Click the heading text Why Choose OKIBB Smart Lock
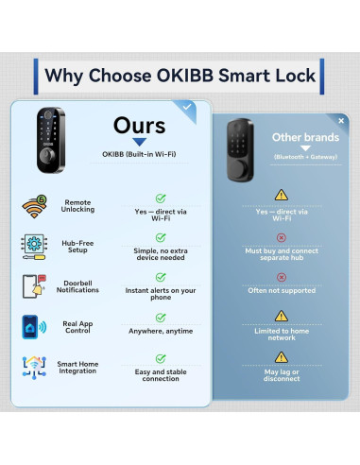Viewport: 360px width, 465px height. (x=180, y=74)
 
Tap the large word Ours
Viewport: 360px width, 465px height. (x=139, y=127)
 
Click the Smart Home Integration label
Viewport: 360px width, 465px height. (x=78, y=367)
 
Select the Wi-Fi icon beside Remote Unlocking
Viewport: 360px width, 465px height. (x=35, y=207)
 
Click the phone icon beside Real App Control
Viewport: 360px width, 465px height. (x=33, y=327)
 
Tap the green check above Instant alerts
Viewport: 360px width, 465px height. (x=161, y=277)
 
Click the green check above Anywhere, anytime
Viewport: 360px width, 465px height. (x=161, y=317)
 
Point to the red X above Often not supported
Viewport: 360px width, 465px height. (x=281, y=278)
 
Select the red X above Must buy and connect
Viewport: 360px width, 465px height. (x=281, y=238)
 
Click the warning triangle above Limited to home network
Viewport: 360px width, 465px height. (x=281, y=316)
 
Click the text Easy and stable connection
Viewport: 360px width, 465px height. (x=161, y=374)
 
